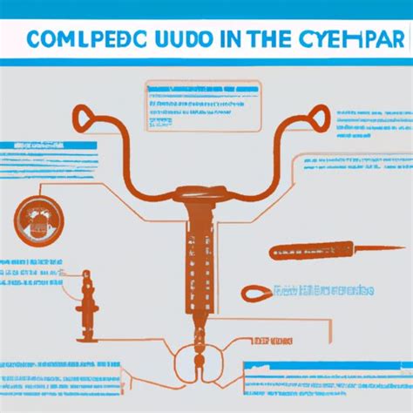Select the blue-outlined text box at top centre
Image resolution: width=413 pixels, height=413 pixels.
[x=193, y=107]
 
